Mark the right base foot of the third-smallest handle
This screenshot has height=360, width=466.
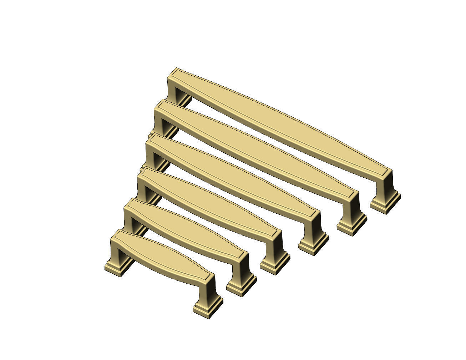point(275,264)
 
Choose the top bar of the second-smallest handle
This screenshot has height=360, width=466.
point(186,228)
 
